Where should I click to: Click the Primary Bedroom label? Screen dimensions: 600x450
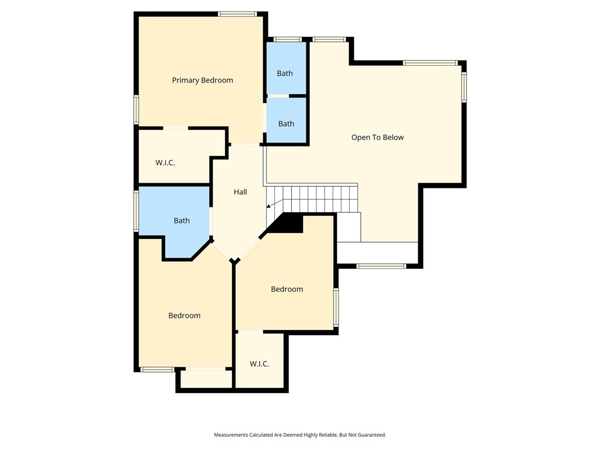tap(202, 80)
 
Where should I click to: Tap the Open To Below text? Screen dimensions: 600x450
tap(377, 137)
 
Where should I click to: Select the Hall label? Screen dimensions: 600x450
tap(240, 192)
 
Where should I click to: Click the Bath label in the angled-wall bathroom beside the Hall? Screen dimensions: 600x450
tap(182, 220)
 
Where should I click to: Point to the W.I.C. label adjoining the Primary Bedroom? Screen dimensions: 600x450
tap(165, 163)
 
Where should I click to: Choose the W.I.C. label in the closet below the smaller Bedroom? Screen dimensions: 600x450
tap(259, 364)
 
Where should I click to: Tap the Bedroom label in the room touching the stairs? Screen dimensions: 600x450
tap(287, 289)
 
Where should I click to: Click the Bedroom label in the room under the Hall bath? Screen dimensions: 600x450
tap(185, 316)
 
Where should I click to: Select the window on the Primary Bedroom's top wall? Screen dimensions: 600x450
tap(237, 14)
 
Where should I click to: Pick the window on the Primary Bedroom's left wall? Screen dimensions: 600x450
tap(136, 110)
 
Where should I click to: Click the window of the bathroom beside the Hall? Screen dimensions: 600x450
tap(136, 211)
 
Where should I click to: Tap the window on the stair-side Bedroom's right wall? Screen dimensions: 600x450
tap(336, 307)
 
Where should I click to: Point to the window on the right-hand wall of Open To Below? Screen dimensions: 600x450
tap(464, 87)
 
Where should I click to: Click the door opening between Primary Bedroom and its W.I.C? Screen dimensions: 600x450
tap(176, 128)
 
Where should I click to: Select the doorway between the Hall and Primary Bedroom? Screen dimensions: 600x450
tap(246, 145)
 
